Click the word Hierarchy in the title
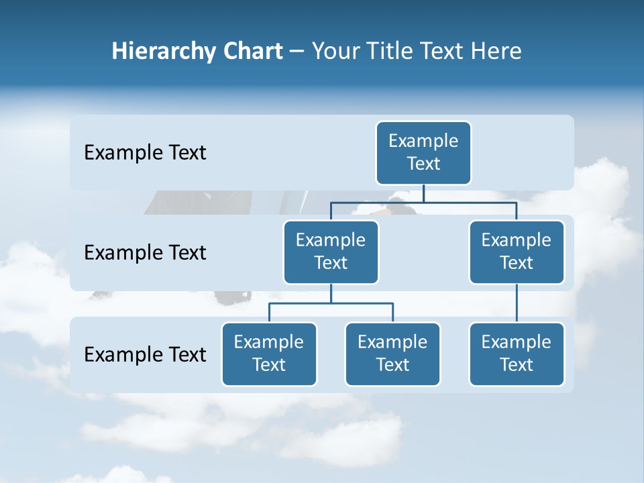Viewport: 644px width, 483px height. tap(152, 52)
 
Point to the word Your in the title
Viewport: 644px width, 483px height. tap(332, 51)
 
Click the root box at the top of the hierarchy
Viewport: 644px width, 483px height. tap(423, 152)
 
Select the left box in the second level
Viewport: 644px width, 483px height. tap(331, 252)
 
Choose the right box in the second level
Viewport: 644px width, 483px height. tap(517, 252)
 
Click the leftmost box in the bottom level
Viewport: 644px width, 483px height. tap(269, 354)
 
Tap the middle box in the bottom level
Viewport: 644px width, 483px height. tap(392, 354)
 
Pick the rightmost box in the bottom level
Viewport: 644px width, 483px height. tap(517, 354)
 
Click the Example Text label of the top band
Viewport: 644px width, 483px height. tap(145, 153)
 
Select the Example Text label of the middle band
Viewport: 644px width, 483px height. tap(145, 253)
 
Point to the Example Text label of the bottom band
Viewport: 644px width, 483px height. tap(145, 354)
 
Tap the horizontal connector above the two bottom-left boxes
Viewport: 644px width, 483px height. tap(331, 303)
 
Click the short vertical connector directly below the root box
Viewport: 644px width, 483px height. tap(423, 193)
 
